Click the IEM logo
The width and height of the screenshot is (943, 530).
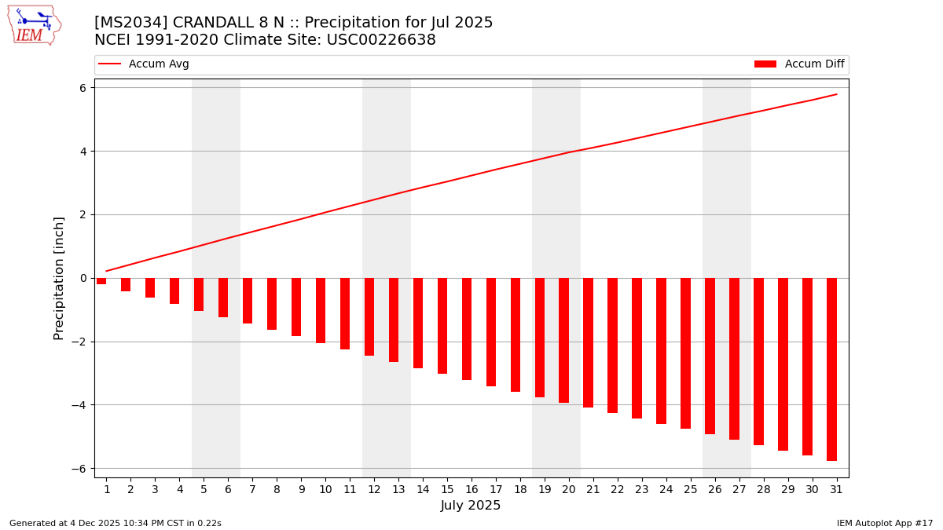34,25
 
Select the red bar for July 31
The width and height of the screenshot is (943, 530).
831,369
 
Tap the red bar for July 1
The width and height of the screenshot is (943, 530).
101,281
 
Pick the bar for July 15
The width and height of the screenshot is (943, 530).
442,326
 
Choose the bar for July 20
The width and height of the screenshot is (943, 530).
563,340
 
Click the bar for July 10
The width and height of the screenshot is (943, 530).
321,310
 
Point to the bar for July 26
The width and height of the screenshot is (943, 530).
710,356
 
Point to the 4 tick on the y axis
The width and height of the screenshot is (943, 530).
82,151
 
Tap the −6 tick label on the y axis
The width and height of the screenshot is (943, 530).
79,469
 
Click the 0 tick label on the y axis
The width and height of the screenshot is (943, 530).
82,278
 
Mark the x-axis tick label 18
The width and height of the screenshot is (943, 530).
520,489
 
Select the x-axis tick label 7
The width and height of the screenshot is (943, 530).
252,489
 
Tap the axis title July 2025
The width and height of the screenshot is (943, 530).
471,506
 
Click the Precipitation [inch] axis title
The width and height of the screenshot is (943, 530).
59,278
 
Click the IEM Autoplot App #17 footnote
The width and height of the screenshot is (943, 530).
884,523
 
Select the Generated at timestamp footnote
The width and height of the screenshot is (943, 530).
116,523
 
